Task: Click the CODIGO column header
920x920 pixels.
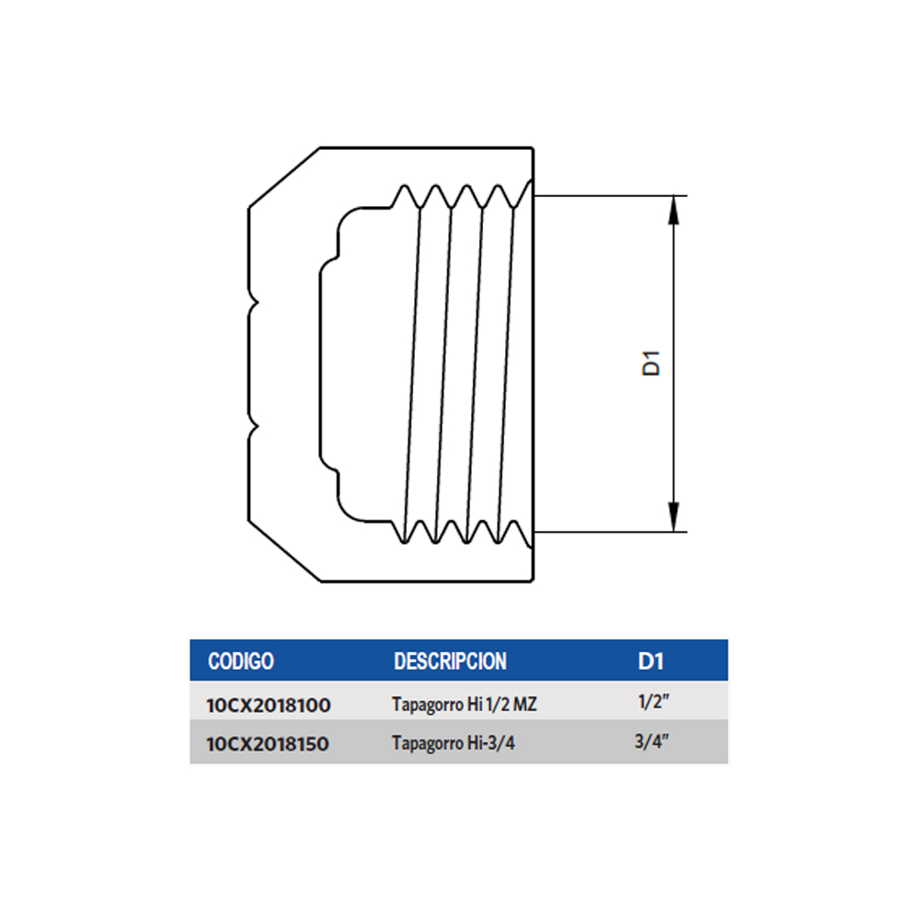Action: coord(240,661)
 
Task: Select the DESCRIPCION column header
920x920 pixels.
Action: coord(450,661)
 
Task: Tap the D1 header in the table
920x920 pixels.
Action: coord(650,661)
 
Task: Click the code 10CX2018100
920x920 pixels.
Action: coord(269,706)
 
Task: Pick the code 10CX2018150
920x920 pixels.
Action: coord(268,744)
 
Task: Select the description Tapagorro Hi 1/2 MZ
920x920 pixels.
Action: coord(464,704)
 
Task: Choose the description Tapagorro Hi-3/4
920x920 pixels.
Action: coord(453,743)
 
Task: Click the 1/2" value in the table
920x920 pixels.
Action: coord(653,701)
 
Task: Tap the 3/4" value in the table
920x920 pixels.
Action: coord(652,741)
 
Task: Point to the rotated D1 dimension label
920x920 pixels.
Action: coord(651,363)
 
